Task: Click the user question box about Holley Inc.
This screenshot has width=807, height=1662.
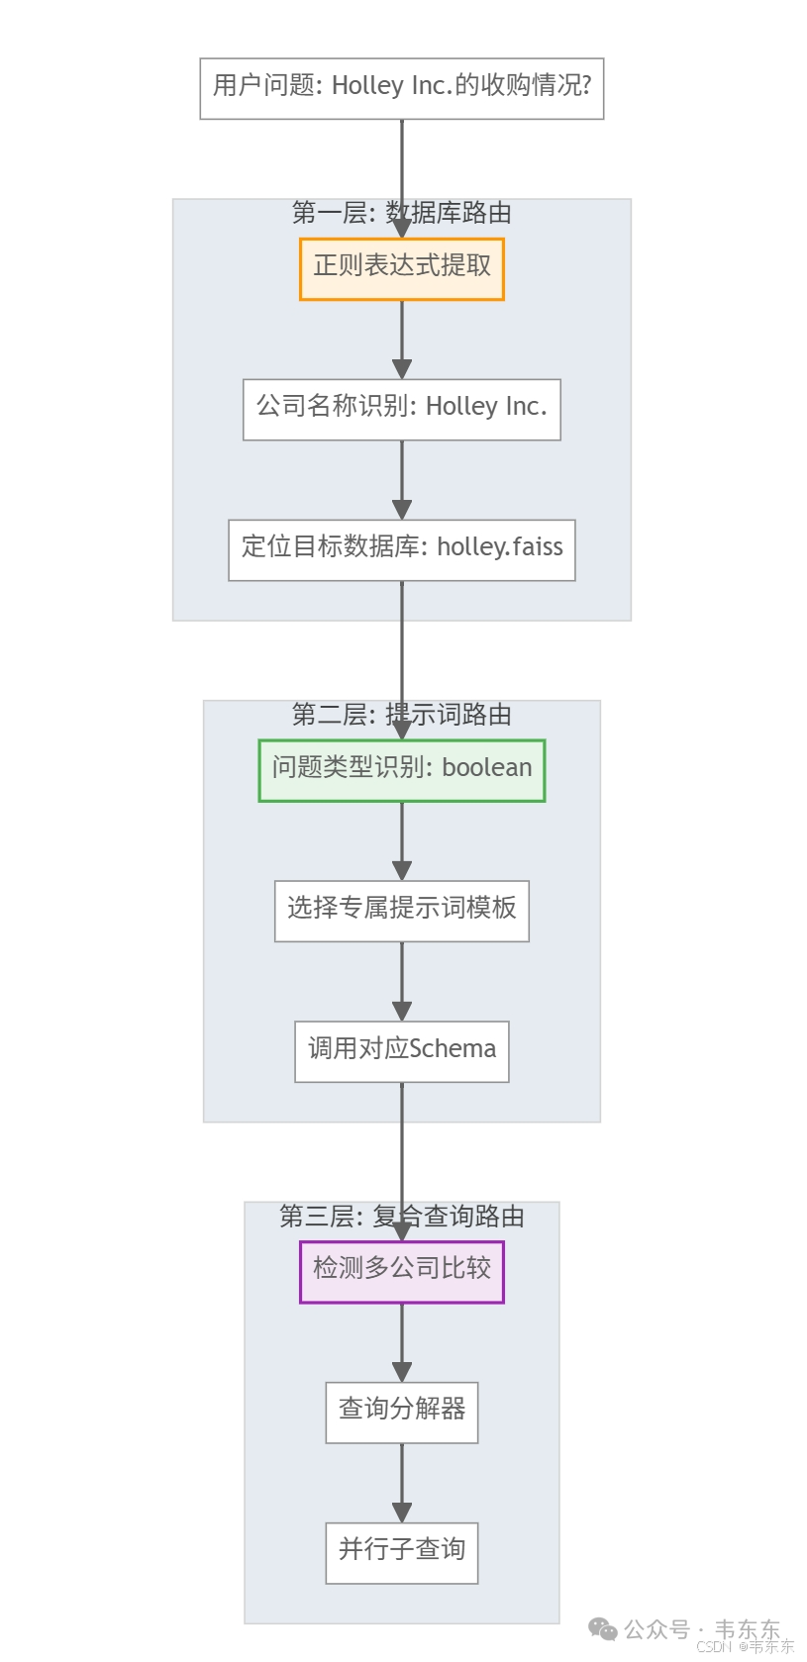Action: (x=401, y=88)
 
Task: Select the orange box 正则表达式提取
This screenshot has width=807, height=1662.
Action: (x=401, y=268)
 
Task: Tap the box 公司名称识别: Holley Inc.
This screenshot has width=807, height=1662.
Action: (x=401, y=409)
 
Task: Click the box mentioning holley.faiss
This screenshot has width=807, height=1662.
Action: (x=401, y=549)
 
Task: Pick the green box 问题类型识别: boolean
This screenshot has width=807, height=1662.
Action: (x=401, y=770)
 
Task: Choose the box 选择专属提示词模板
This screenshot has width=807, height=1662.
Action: (x=401, y=911)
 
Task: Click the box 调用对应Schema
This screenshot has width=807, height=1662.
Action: (x=401, y=1051)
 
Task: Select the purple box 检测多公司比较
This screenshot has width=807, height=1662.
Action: (x=401, y=1271)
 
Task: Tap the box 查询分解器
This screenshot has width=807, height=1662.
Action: (x=401, y=1412)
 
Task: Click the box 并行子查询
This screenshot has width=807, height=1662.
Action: (x=401, y=1552)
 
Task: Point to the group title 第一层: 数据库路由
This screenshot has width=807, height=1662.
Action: (x=401, y=213)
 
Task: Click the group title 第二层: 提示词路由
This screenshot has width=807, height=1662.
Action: (x=401, y=715)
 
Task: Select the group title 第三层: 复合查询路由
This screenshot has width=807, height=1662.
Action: (x=401, y=1217)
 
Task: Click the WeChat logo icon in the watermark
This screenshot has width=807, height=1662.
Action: (x=602, y=1628)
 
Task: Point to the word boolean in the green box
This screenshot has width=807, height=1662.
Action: (x=486, y=769)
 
